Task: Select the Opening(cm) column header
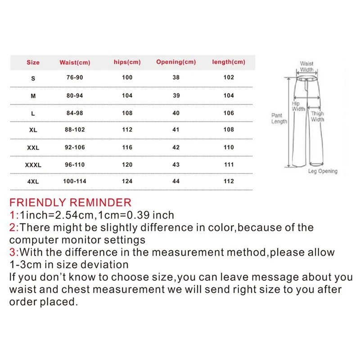pos(176,62)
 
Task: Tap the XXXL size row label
pos(33,165)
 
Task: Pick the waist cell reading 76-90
pos(74,77)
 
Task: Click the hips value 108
pos(127,113)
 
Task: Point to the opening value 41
pos(176,130)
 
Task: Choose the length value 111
pos(229,165)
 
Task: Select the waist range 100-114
pos(74,181)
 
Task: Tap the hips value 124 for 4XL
pos(127,181)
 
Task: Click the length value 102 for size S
pos(229,77)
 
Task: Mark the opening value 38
pos(176,77)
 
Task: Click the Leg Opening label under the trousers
pos(322,171)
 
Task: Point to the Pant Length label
pos(279,119)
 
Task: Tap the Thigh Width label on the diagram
pos(317,117)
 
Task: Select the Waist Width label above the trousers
pos(307,67)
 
